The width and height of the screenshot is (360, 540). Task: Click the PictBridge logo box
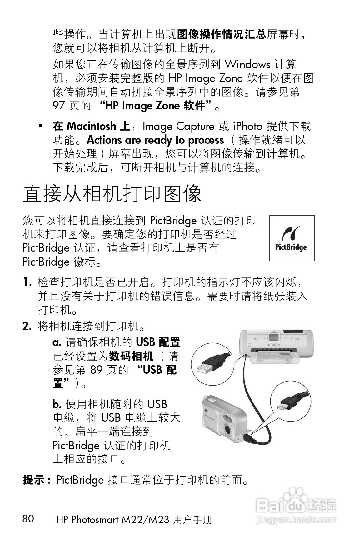click(x=292, y=238)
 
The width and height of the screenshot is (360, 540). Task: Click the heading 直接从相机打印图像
click(x=112, y=194)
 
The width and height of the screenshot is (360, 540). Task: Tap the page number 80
click(x=28, y=518)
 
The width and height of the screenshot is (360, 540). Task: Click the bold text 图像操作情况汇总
click(x=221, y=34)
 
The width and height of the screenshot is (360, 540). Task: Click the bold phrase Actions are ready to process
click(x=155, y=140)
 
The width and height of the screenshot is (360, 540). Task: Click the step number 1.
click(x=27, y=282)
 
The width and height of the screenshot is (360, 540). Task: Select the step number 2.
click(x=27, y=327)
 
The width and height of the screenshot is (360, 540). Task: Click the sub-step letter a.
click(x=57, y=342)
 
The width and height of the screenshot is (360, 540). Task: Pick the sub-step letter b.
click(x=57, y=404)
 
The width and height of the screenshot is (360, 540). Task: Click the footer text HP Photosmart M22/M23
click(x=112, y=520)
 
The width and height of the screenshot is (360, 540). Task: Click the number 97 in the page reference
click(x=58, y=106)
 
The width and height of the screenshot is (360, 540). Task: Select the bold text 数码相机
click(x=131, y=356)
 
